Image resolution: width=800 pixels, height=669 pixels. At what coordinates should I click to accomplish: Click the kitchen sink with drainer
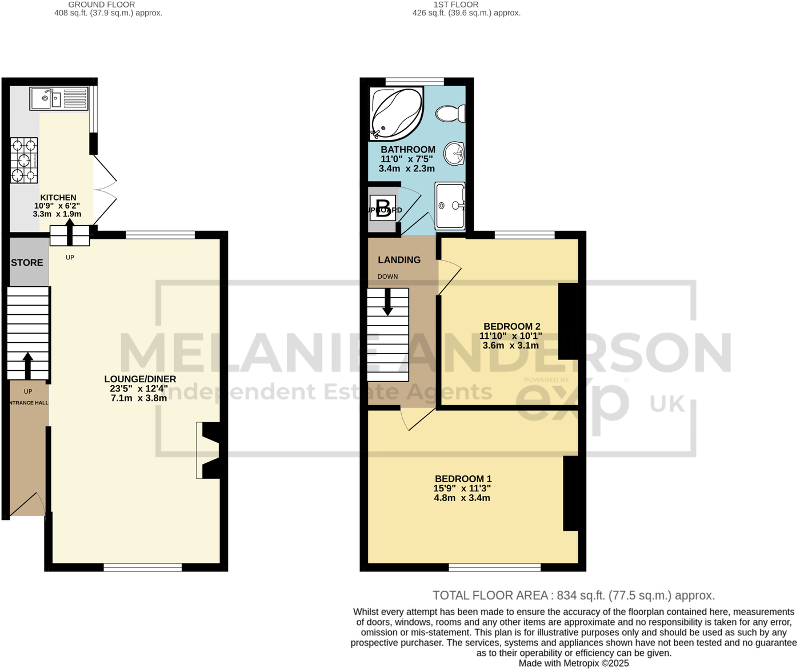coord(59,99)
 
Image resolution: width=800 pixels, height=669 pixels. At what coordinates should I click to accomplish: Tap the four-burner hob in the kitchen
coord(24,160)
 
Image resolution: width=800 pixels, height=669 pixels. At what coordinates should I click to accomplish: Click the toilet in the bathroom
coord(451,114)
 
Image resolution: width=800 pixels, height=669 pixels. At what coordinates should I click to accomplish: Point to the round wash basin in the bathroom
coord(455,153)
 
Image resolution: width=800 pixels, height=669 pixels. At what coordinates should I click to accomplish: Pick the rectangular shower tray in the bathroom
coord(450,205)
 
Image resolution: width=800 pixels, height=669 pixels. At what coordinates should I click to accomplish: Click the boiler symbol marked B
coord(383,207)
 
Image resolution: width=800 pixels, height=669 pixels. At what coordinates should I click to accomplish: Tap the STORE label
coord(27,263)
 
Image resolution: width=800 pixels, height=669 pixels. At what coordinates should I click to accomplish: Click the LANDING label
coord(399,260)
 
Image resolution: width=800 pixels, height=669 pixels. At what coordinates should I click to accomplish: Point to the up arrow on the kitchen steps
coord(70,232)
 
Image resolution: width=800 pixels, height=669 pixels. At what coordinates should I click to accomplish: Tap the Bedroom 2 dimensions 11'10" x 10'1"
coord(510,336)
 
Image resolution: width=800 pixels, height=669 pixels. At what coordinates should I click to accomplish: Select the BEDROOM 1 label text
coord(463,479)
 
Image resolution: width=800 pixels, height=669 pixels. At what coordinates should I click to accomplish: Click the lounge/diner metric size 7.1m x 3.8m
coord(139,398)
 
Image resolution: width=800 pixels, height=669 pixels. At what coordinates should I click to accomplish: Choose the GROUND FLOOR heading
coord(101,5)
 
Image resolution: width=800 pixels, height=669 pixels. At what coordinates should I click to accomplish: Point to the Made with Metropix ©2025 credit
coord(573,663)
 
